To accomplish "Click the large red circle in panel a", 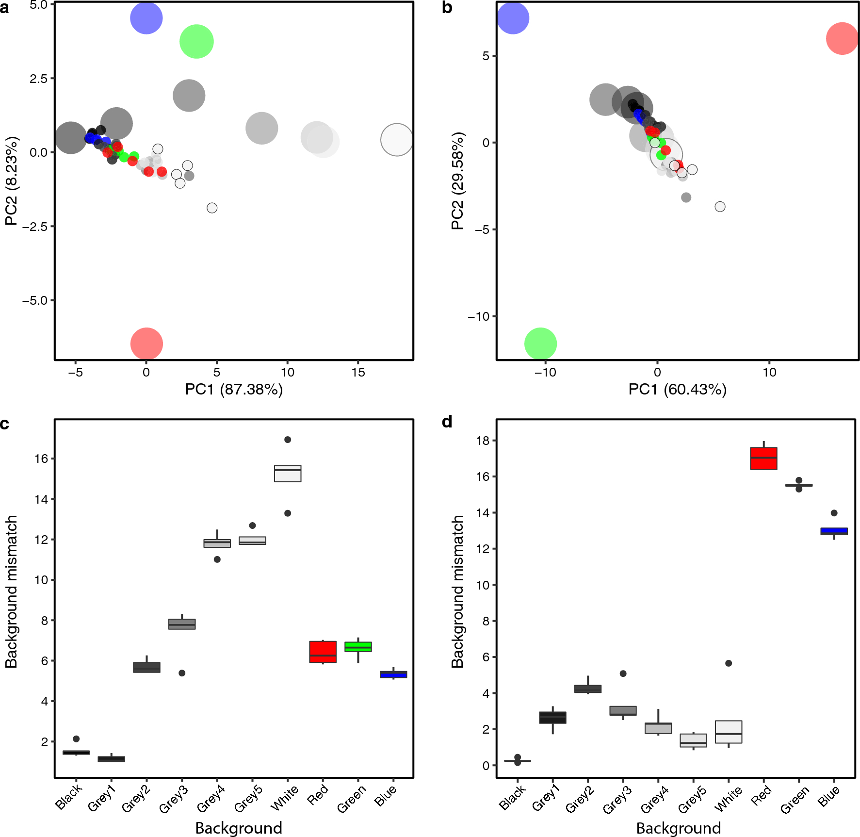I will tap(146, 344).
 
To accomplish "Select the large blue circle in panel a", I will tap(146, 18).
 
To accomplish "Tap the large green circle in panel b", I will tap(540, 344).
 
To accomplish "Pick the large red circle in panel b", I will tap(842, 38).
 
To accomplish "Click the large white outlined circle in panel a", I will tap(397, 140).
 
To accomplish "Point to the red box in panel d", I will tap(763, 459).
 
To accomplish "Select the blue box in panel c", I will tap(393, 674).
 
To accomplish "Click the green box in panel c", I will tap(358, 647).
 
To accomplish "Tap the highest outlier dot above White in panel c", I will tap(288, 440).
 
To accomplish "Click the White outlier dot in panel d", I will tap(729, 663).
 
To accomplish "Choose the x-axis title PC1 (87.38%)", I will tap(234, 389).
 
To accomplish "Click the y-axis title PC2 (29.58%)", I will tap(457, 181).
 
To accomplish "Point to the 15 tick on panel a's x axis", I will tap(358, 372).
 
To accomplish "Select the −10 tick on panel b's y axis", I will tap(478, 316).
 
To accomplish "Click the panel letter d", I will tap(447, 422).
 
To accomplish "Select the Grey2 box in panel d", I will tap(588, 689).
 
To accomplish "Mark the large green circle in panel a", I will tap(196, 42).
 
